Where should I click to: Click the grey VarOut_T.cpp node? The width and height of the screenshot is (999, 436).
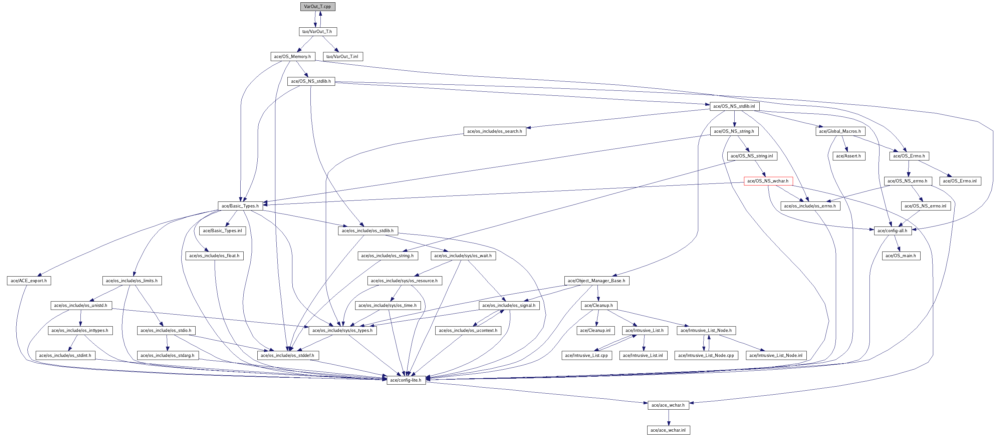(x=317, y=7)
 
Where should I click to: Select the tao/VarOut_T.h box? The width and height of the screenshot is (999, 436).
(x=317, y=31)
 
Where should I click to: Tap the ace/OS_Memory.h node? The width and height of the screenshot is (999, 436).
(x=292, y=57)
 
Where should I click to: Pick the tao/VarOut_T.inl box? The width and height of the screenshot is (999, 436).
(x=342, y=57)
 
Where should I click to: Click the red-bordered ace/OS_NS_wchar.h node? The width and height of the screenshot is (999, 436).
(x=768, y=181)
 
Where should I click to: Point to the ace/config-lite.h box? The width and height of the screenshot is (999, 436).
(x=406, y=380)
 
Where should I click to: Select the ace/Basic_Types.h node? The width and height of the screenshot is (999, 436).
(x=240, y=206)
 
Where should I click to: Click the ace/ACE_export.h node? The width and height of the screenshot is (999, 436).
(x=29, y=281)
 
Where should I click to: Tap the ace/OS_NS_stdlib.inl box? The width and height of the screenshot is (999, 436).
(x=734, y=106)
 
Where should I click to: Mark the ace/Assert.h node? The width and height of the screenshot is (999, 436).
(x=848, y=156)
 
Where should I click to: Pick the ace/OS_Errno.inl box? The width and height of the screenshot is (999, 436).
(x=960, y=181)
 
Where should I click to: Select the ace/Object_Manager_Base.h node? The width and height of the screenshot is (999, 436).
(x=596, y=281)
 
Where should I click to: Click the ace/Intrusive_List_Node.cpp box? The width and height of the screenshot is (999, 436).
(x=706, y=355)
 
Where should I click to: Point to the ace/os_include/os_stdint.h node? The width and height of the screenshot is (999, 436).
(x=65, y=355)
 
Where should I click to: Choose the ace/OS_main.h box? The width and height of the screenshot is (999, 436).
(x=901, y=256)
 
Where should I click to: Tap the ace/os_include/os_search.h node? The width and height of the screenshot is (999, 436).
(x=494, y=131)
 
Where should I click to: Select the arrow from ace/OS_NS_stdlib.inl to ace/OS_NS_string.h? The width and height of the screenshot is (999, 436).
(x=734, y=119)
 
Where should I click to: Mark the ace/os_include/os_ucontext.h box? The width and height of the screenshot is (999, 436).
(x=468, y=331)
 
